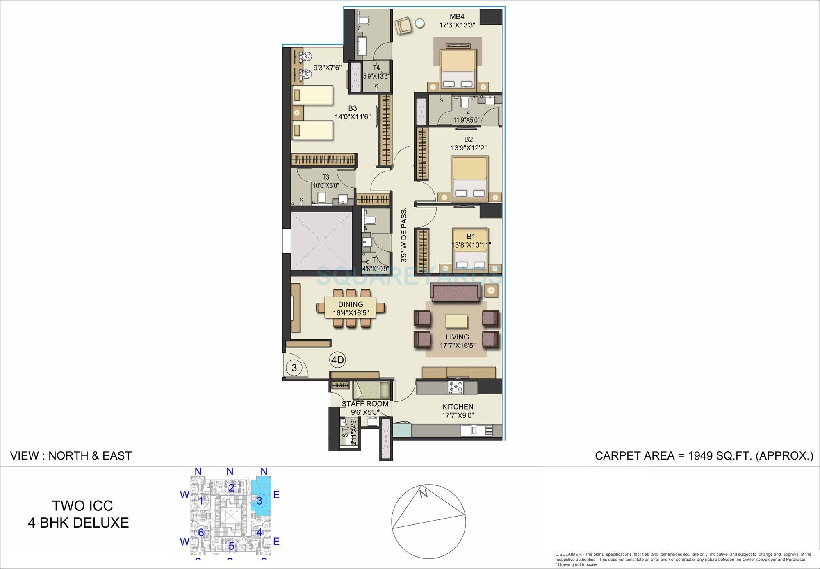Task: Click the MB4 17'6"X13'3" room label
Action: click(457, 20)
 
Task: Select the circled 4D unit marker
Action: click(337, 360)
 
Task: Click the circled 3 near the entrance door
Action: click(294, 367)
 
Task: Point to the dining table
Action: click(351, 308)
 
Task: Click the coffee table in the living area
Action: click(456, 321)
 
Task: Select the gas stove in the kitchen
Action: click(456, 387)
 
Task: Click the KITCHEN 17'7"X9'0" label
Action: click(458, 411)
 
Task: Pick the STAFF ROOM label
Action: click(365, 404)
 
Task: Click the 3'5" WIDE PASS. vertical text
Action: click(404, 235)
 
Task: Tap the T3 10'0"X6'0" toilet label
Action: click(326, 181)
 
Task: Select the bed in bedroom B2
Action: click(469, 179)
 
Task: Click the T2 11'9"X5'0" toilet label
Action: click(466, 116)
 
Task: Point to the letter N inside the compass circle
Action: click(424, 494)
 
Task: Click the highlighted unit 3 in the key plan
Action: click(260, 501)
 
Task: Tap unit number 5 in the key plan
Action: click(231, 546)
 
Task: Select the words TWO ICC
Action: click(82, 505)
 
